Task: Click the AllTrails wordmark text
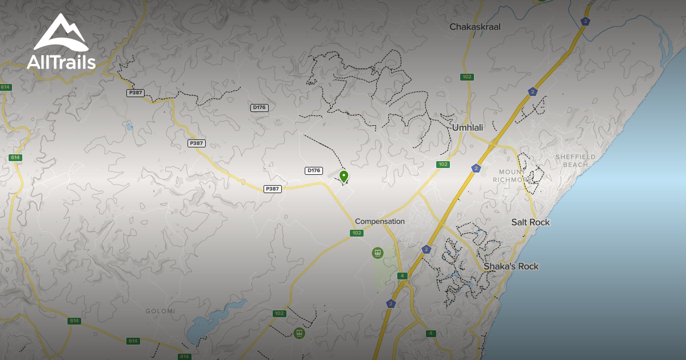coord(61,62)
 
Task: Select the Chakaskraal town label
coord(475,27)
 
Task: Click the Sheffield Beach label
coord(575,161)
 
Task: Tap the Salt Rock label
coord(531,222)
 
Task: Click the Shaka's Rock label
coord(511,266)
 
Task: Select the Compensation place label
coord(380,221)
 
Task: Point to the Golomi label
coord(161,311)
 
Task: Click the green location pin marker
coord(344,176)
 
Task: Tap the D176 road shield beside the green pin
coord(314,170)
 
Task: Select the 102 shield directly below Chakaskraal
coord(468,77)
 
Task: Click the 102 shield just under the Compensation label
coord(357,233)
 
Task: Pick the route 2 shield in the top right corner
coord(585,21)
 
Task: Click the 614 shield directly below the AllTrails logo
coord(6,87)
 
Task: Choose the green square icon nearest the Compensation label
coord(377,252)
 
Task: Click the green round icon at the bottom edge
coord(298,333)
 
